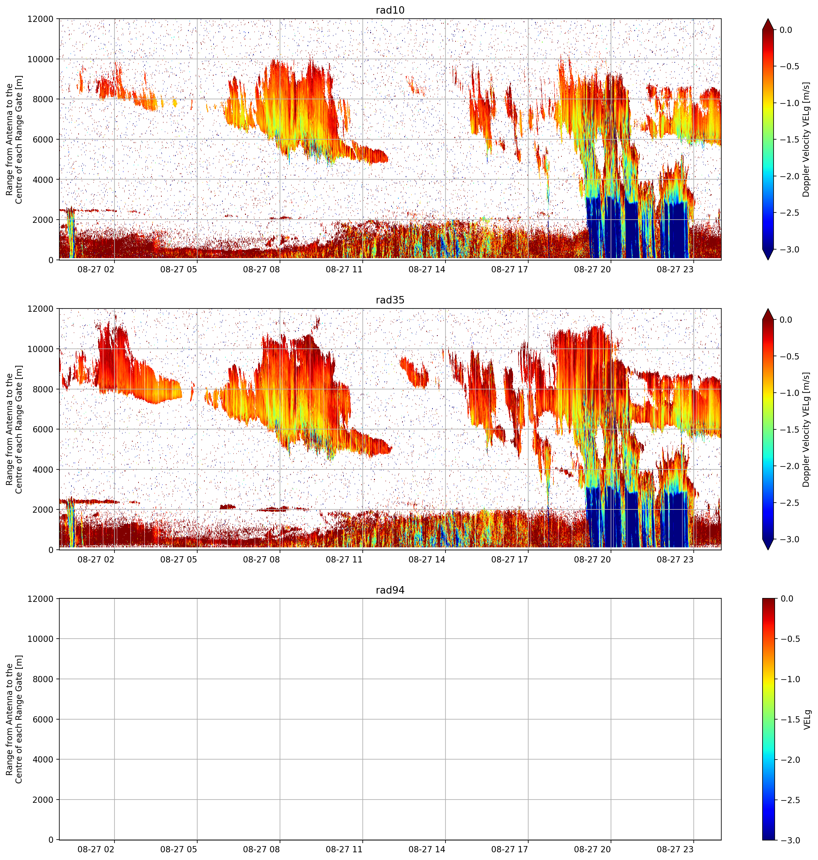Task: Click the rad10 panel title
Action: click(x=390, y=10)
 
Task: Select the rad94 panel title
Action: click(x=390, y=590)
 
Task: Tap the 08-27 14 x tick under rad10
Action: click(x=427, y=269)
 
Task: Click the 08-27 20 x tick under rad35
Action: click(x=592, y=559)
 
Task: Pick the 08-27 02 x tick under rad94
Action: click(x=96, y=849)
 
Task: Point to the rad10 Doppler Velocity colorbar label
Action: click(x=806, y=139)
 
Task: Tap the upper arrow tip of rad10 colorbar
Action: click(x=768, y=19)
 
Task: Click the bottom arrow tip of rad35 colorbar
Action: click(x=768, y=550)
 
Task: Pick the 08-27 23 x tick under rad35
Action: click(x=675, y=559)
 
